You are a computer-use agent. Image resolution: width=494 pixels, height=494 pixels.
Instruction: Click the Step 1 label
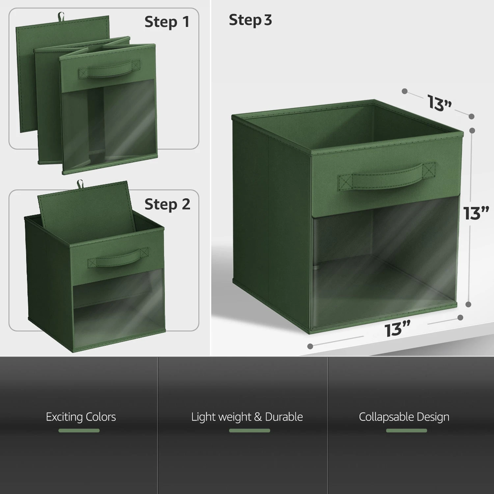(167, 22)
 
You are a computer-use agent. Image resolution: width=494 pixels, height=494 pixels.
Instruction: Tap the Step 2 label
(167, 205)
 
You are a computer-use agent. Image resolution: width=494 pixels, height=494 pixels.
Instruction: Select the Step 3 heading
(250, 20)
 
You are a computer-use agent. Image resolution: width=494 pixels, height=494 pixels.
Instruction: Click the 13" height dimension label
(476, 213)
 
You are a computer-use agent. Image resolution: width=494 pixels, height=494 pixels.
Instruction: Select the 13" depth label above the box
(440, 102)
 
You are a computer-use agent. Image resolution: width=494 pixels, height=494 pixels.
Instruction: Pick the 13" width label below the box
(398, 329)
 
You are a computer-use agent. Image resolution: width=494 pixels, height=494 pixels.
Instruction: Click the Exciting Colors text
(81, 417)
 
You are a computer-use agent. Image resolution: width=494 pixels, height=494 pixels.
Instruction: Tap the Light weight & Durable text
(247, 417)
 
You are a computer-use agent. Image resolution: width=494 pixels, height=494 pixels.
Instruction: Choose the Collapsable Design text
(404, 417)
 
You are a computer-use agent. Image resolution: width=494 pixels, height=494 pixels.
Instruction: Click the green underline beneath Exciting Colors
(79, 430)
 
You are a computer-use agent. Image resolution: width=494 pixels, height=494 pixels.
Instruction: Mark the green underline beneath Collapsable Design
(406, 430)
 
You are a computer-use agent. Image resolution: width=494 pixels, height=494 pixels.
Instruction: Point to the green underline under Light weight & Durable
(249, 430)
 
